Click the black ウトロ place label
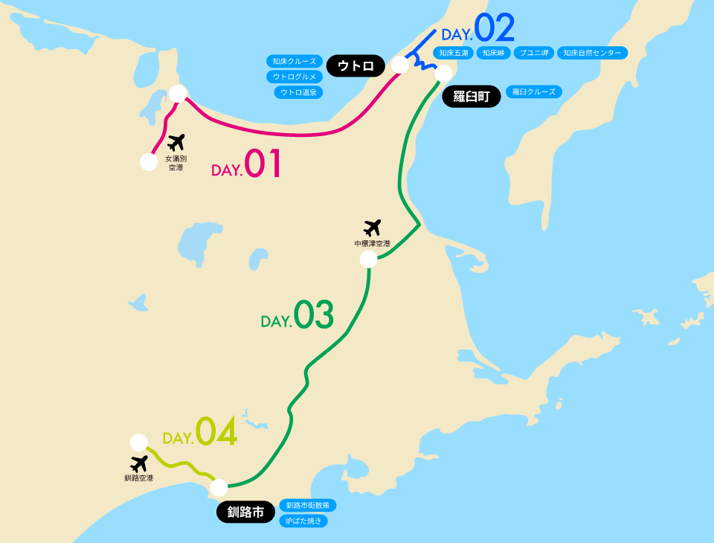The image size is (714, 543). (356, 65)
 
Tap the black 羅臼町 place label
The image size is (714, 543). (472, 97)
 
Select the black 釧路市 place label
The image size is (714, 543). (245, 512)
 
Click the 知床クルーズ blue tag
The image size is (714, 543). (293, 61)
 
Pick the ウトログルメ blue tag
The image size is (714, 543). (295, 77)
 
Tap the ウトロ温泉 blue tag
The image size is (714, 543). (298, 92)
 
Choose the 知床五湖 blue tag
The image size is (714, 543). (454, 53)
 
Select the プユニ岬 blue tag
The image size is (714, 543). (533, 53)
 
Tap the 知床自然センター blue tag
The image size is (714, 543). (592, 53)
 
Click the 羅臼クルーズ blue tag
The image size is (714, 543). (534, 91)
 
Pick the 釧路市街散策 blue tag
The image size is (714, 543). (307, 505)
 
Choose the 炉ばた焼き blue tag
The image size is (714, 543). (303, 521)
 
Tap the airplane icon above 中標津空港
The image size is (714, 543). (372, 228)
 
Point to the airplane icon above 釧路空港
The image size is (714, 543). (138, 463)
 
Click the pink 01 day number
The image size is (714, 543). (263, 164)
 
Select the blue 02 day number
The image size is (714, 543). (495, 29)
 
